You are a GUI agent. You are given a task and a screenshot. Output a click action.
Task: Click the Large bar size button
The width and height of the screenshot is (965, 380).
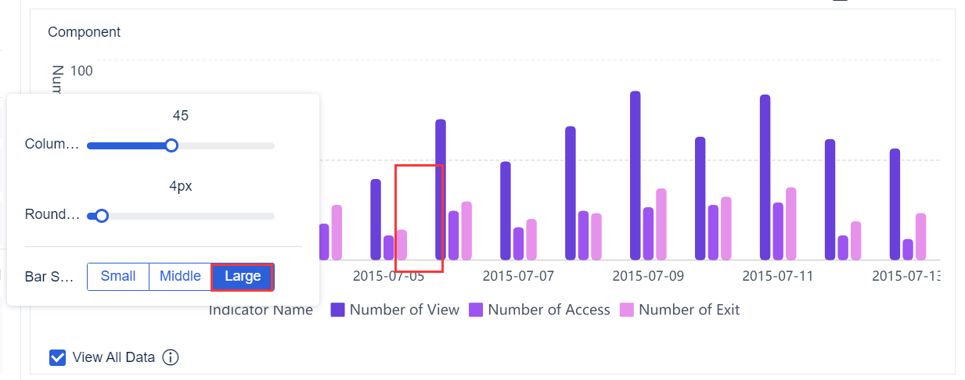pyautogui.click(x=243, y=277)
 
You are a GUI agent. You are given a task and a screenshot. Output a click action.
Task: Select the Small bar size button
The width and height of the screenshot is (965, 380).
pyautogui.click(x=118, y=277)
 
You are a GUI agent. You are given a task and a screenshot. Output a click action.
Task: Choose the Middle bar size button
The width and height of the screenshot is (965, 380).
pyautogui.click(x=180, y=277)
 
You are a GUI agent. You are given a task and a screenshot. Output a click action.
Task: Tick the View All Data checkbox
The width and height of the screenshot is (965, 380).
pyautogui.click(x=57, y=357)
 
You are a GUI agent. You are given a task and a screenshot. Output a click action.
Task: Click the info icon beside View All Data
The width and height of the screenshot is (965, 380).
pyautogui.click(x=171, y=357)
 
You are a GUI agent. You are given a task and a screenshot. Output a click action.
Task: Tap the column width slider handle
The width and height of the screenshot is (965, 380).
pyautogui.click(x=171, y=145)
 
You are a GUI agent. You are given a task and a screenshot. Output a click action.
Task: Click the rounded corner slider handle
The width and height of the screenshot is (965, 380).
pyautogui.click(x=101, y=216)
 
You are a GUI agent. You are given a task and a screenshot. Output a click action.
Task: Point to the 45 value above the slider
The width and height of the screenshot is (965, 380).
pyautogui.click(x=181, y=116)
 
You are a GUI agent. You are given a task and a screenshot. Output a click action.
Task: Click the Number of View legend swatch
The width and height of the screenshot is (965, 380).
pyautogui.click(x=338, y=310)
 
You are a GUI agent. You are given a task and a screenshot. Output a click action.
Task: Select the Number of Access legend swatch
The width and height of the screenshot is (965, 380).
pyautogui.click(x=476, y=310)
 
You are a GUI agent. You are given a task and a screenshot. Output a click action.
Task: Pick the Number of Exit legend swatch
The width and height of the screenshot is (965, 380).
pyautogui.click(x=627, y=310)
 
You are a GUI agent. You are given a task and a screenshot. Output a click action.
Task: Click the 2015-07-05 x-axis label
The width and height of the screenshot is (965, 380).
pyautogui.click(x=388, y=276)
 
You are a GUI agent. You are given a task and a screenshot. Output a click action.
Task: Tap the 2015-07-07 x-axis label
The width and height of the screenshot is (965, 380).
pyautogui.click(x=518, y=276)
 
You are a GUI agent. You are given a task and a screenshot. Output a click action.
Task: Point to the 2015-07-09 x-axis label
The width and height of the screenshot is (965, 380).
pyautogui.click(x=648, y=276)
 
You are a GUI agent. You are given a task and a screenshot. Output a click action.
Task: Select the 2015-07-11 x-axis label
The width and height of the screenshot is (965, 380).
pyautogui.click(x=778, y=276)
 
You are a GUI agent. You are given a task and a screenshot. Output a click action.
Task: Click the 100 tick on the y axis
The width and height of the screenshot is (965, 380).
pyautogui.click(x=81, y=71)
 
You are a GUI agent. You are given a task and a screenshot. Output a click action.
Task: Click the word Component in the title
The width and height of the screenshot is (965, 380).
pyautogui.click(x=84, y=32)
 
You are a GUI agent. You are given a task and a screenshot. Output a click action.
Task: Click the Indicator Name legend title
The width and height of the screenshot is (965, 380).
pyautogui.click(x=261, y=310)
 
